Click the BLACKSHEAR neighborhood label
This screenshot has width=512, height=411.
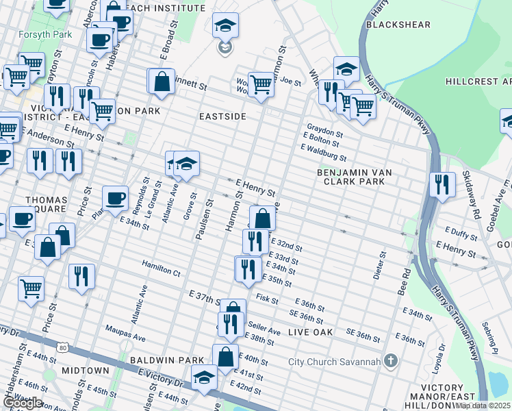click(398, 25)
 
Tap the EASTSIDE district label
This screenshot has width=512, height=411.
click(222, 116)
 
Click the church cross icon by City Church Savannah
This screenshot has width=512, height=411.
click(391, 360)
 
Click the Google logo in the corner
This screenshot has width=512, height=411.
click(23, 403)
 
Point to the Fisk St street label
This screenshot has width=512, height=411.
click(267, 299)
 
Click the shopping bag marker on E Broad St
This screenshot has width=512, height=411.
click(162, 82)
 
